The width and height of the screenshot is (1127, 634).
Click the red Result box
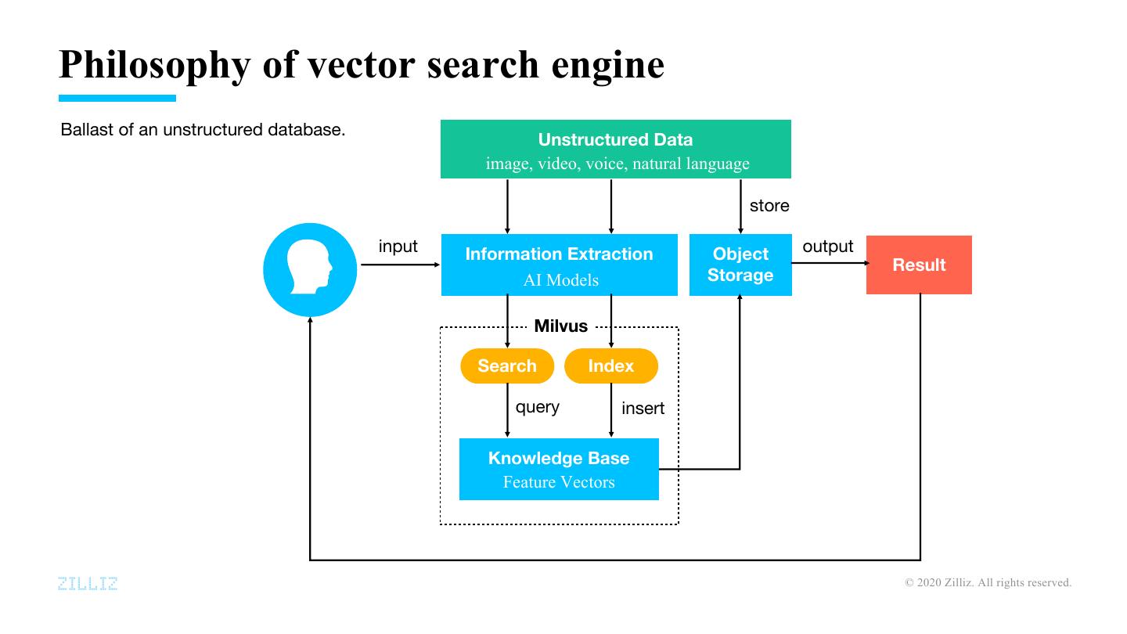tap(919, 265)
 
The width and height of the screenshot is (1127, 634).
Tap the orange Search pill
tap(507, 366)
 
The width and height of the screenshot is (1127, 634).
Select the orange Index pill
tap(611, 366)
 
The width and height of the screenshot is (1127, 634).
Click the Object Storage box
tap(740, 265)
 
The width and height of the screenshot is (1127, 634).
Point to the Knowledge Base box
tap(559, 469)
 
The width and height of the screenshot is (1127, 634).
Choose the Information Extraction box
tap(559, 265)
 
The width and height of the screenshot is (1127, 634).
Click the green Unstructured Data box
tap(615, 149)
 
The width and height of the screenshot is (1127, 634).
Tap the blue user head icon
tap(310, 269)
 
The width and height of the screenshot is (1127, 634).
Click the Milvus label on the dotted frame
tap(560, 326)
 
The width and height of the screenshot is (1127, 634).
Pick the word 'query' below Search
tap(537, 407)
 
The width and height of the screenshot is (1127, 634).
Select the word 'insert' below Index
tap(643, 409)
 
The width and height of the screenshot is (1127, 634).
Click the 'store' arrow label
tap(769, 206)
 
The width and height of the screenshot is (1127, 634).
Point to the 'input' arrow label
tap(398, 247)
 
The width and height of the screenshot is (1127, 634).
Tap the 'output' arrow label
tap(828, 247)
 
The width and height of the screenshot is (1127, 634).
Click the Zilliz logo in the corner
tap(88, 583)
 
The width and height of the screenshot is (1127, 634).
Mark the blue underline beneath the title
tap(117, 98)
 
